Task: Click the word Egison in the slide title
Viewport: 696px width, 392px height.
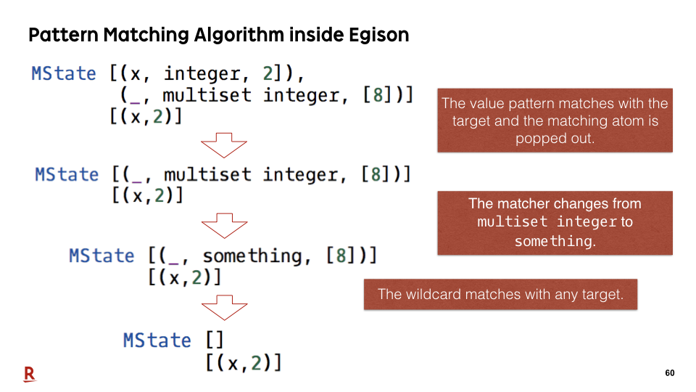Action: pyautogui.click(x=378, y=35)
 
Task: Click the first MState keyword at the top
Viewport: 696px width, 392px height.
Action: pyautogui.click(x=64, y=73)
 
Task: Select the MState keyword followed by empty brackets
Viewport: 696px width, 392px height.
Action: pyautogui.click(x=157, y=340)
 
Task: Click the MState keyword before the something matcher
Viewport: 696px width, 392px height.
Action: pyautogui.click(x=101, y=256)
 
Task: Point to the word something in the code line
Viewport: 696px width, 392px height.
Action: pyautogui.click(x=253, y=256)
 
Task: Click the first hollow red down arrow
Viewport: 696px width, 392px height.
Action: pyautogui.click(x=224, y=145)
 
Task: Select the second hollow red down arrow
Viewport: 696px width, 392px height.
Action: pyautogui.click(x=224, y=225)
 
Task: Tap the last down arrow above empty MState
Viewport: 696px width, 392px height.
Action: pyautogui.click(x=224, y=308)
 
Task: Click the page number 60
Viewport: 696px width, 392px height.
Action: pyautogui.click(x=670, y=373)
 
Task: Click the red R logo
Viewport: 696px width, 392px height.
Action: pyautogui.click(x=29, y=375)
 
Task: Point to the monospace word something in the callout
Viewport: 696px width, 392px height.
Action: pyautogui.click(x=555, y=241)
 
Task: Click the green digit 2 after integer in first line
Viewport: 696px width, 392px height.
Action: pyautogui.click(x=268, y=73)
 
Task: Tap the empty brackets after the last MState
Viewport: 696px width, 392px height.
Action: pyautogui.click(x=215, y=340)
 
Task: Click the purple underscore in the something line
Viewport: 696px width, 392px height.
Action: pyautogui.click(x=175, y=264)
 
